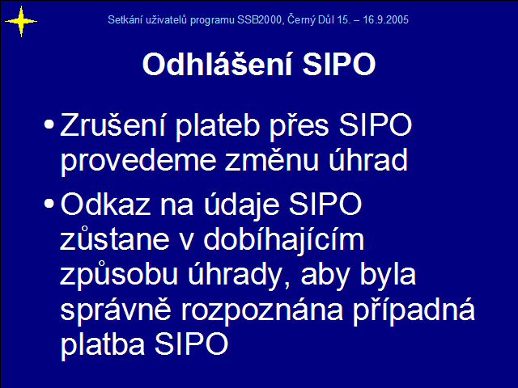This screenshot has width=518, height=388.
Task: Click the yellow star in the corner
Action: coord(21,22)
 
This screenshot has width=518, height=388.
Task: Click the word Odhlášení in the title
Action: coord(218,64)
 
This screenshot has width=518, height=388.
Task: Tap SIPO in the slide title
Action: coord(339,64)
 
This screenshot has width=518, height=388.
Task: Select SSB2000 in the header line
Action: coord(259,19)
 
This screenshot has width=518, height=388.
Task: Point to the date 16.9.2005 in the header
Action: coord(385,19)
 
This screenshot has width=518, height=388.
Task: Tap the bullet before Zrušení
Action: coord(49,124)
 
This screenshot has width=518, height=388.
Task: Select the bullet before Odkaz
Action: coord(49,203)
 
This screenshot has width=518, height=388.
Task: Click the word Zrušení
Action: coord(113,124)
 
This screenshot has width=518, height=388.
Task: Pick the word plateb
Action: coord(218,127)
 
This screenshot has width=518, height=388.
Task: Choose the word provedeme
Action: coord(138,162)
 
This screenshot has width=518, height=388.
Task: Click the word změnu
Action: coord(271,160)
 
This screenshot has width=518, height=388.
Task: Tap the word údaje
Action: coord(241,205)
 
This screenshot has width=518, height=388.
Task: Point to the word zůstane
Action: coord(115,238)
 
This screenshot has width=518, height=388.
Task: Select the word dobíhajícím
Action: coord(284,239)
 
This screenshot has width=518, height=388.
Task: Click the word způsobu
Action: coord(119,275)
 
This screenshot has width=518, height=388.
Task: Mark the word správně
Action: coord(116,310)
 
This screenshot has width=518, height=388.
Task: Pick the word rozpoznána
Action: coord(262,311)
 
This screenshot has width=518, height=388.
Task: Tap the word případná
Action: coord(414,310)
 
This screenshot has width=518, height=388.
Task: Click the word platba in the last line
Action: coord(103,345)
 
